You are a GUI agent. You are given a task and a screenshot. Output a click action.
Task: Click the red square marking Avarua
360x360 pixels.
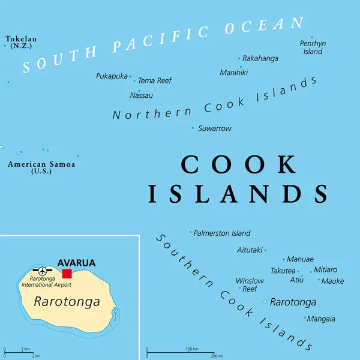coord(67,274)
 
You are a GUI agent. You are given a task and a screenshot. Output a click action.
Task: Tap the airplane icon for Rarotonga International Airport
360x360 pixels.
coord(42,271)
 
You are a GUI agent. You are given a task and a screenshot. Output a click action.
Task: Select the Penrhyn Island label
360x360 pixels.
coord(313,47)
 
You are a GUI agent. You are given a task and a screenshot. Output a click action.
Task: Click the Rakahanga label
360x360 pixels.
coord(260,58)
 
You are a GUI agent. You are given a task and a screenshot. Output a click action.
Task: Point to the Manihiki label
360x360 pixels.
coord(234,73)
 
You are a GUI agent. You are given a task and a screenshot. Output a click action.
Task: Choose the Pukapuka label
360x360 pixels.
coord(112,76)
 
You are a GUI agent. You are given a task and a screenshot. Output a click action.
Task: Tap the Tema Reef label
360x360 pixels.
coord(155,80)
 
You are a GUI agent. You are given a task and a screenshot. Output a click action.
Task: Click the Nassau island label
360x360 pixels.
coord(142,95)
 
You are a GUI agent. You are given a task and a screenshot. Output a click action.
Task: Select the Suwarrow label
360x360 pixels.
coord(215,128)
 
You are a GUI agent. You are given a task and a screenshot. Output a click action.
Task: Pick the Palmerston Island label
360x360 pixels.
coord(222,233)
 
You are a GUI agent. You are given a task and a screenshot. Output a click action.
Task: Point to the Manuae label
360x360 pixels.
coord(300,259)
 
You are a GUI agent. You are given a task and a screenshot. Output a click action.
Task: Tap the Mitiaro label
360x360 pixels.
coord(325,270)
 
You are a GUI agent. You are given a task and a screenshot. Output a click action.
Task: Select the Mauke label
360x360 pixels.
coord(332,281)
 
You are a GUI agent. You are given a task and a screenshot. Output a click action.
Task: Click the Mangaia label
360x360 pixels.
coord(321,319)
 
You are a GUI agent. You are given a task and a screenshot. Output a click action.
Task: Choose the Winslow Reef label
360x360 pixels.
coord(250,284)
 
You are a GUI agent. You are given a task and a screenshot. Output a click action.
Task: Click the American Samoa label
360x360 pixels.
coord(41,167)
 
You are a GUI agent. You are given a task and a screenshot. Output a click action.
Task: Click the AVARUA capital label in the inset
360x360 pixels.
coord(76,263)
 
